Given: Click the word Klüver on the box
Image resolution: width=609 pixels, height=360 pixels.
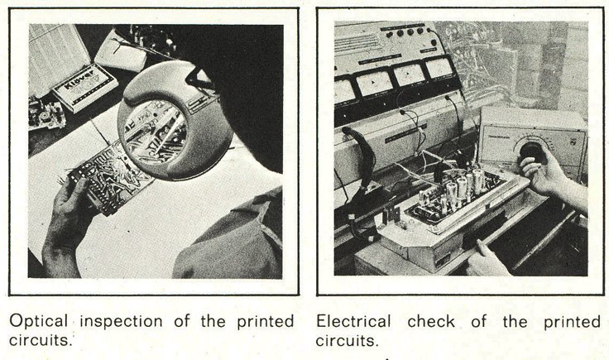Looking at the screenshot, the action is click(x=79, y=79).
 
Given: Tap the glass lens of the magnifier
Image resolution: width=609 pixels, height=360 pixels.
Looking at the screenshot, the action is click(x=153, y=132).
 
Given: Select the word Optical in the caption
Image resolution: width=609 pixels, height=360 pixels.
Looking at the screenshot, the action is click(x=38, y=322).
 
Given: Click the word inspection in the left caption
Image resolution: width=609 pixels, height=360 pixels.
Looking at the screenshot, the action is click(x=121, y=322).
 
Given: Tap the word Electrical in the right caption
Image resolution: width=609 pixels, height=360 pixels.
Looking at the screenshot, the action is click(x=352, y=322).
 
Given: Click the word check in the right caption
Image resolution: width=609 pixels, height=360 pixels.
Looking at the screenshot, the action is click(x=431, y=322).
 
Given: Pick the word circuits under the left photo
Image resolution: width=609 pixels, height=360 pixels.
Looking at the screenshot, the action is click(x=41, y=340).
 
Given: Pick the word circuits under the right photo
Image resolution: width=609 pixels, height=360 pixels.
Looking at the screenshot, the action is click(x=347, y=341).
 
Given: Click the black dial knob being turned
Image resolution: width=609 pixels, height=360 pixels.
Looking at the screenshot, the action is click(x=530, y=151).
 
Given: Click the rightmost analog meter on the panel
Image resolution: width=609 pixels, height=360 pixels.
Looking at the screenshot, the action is click(x=439, y=69).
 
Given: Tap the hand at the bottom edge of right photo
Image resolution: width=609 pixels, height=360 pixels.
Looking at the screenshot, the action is click(x=488, y=259).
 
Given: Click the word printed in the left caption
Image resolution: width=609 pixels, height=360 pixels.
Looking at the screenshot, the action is click(x=266, y=322).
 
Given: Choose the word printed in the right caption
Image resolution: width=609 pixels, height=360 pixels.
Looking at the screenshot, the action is click(x=572, y=322).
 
